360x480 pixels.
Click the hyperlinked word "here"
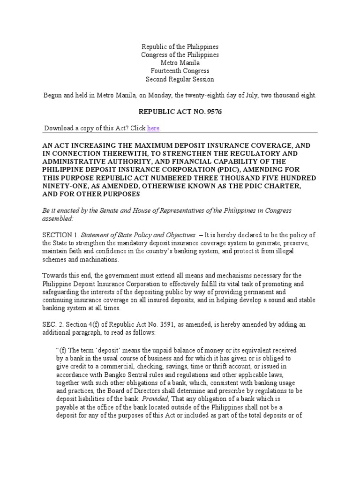153,128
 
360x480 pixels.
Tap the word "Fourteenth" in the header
165,71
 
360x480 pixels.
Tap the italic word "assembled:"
58,218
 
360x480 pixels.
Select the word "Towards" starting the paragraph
54,275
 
